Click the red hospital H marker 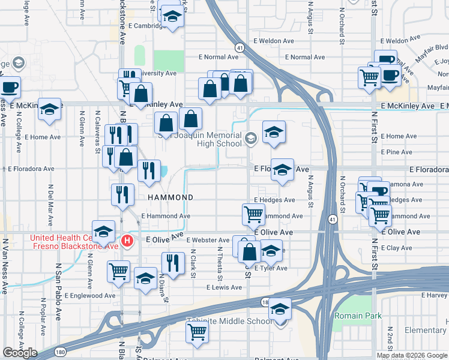[127, 242]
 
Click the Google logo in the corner [20, 353]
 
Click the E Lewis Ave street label [224, 287]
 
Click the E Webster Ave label [209, 240]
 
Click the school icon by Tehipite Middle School [280, 308]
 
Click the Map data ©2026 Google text [412, 355]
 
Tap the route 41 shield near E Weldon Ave [240, 47]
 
